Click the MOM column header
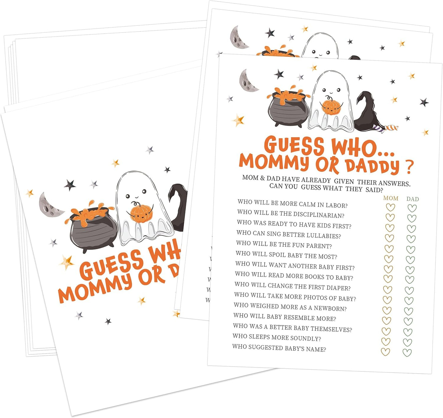[391, 198]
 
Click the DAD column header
[412, 199]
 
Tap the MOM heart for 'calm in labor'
[390, 208]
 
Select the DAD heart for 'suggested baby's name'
[407, 352]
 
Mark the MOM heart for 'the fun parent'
[389, 249]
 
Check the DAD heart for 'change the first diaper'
[409, 290]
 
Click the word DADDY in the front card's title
[372, 166]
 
